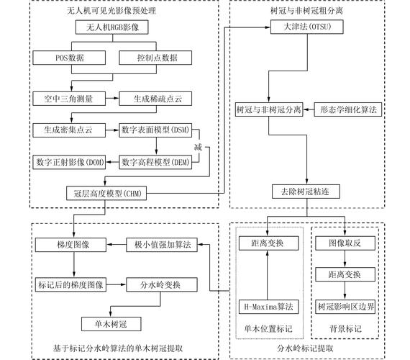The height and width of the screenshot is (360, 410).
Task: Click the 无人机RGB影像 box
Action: click(112, 28)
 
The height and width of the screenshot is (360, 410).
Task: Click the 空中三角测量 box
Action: click(69, 96)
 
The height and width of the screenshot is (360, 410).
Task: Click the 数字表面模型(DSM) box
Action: click(156, 130)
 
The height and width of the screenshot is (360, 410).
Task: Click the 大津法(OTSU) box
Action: click(307, 28)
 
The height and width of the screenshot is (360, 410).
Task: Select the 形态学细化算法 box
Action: click(348, 110)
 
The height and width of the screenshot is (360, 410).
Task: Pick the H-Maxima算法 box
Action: click(266, 307)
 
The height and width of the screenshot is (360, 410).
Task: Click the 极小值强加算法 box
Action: click(163, 245)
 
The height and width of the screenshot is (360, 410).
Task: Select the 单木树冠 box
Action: click(110, 323)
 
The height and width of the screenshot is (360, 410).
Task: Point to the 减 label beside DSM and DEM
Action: click(198, 147)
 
